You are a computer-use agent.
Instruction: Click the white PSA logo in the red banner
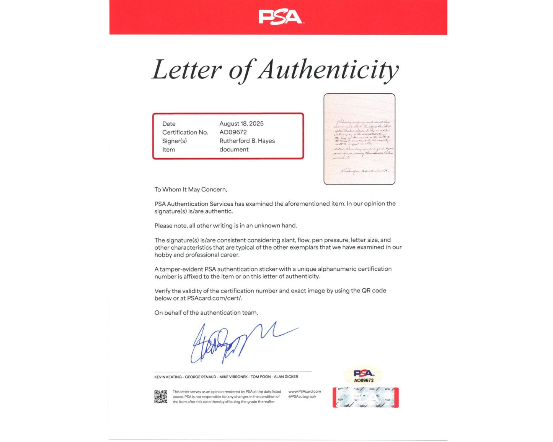(281, 17)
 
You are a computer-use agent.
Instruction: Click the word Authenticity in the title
(328, 70)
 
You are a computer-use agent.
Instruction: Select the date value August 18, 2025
(241, 123)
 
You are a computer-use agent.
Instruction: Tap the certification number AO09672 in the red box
(233, 132)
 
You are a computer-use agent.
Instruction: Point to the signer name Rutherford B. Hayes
(247, 141)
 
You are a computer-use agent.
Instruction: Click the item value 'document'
(234, 149)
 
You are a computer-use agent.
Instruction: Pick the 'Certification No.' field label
(185, 132)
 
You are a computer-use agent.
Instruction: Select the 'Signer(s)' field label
(174, 141)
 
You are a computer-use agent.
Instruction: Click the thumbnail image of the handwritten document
(359, 139)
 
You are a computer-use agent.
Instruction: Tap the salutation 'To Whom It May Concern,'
(191, 189)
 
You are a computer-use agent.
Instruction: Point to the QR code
(161, 396)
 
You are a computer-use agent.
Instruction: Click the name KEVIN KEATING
(168, 377)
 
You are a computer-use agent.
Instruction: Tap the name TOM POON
(261, 377)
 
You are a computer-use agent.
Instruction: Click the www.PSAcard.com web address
(304, 392)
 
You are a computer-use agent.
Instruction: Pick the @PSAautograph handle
(302, 396)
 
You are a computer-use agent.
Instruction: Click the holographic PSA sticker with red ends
(365, 398)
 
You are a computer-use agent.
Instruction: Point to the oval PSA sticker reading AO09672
(363, 375)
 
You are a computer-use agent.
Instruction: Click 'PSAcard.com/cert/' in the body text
(214, 298)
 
